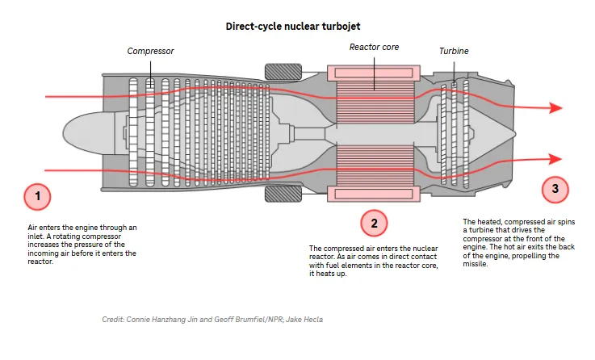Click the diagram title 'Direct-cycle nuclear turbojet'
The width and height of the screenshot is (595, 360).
[x=293, y=26]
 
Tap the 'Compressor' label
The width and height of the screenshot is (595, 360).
[x=150, y=51]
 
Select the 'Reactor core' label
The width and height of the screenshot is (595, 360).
[x=374, y=47]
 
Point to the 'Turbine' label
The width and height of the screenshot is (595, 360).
[x=454, y=51]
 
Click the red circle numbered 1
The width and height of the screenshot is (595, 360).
[x=37, y=196]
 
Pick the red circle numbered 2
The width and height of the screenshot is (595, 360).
[x=374, y=223]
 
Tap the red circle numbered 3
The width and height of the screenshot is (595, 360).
[x=555, y=189]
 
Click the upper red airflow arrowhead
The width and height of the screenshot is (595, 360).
[x=555, y=107]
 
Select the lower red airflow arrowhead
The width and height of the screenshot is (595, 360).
[x=555, y=159]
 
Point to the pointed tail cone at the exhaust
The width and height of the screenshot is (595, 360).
[x=492, y=133]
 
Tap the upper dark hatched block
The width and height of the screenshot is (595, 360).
[x=283, y=72]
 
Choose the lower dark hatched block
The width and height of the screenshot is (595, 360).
[x=283, y=194]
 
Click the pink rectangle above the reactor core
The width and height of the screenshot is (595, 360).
[x=374, y=73]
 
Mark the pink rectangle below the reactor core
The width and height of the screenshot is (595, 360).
[x=374, y=194]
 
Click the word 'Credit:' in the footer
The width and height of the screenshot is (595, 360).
[x=113, y=320]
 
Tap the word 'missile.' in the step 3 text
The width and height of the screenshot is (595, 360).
[x=475, y=264]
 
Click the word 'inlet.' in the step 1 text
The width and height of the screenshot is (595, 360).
[x=36, y=237]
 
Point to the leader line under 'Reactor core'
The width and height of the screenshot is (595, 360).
[x=374, y=74]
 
